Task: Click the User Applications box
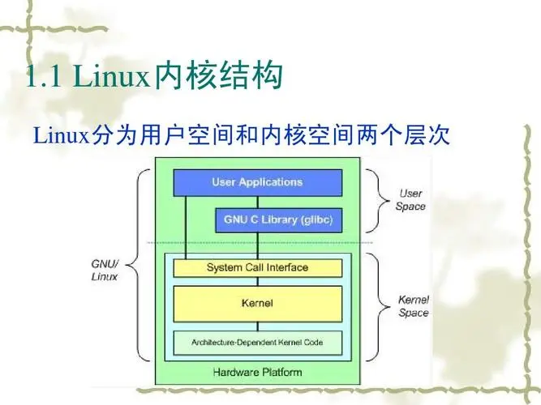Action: [x=257, y=182]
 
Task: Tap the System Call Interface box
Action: [x=257, y=267]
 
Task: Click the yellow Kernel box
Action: [x=257, y=304]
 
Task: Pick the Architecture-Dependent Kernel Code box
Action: [x=257, y=342]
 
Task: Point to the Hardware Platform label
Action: [x=257, y=373]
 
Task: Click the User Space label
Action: [x=410, y=200]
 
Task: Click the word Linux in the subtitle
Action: [x=59, y=134]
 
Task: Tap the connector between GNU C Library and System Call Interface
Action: [x=258, y=245]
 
